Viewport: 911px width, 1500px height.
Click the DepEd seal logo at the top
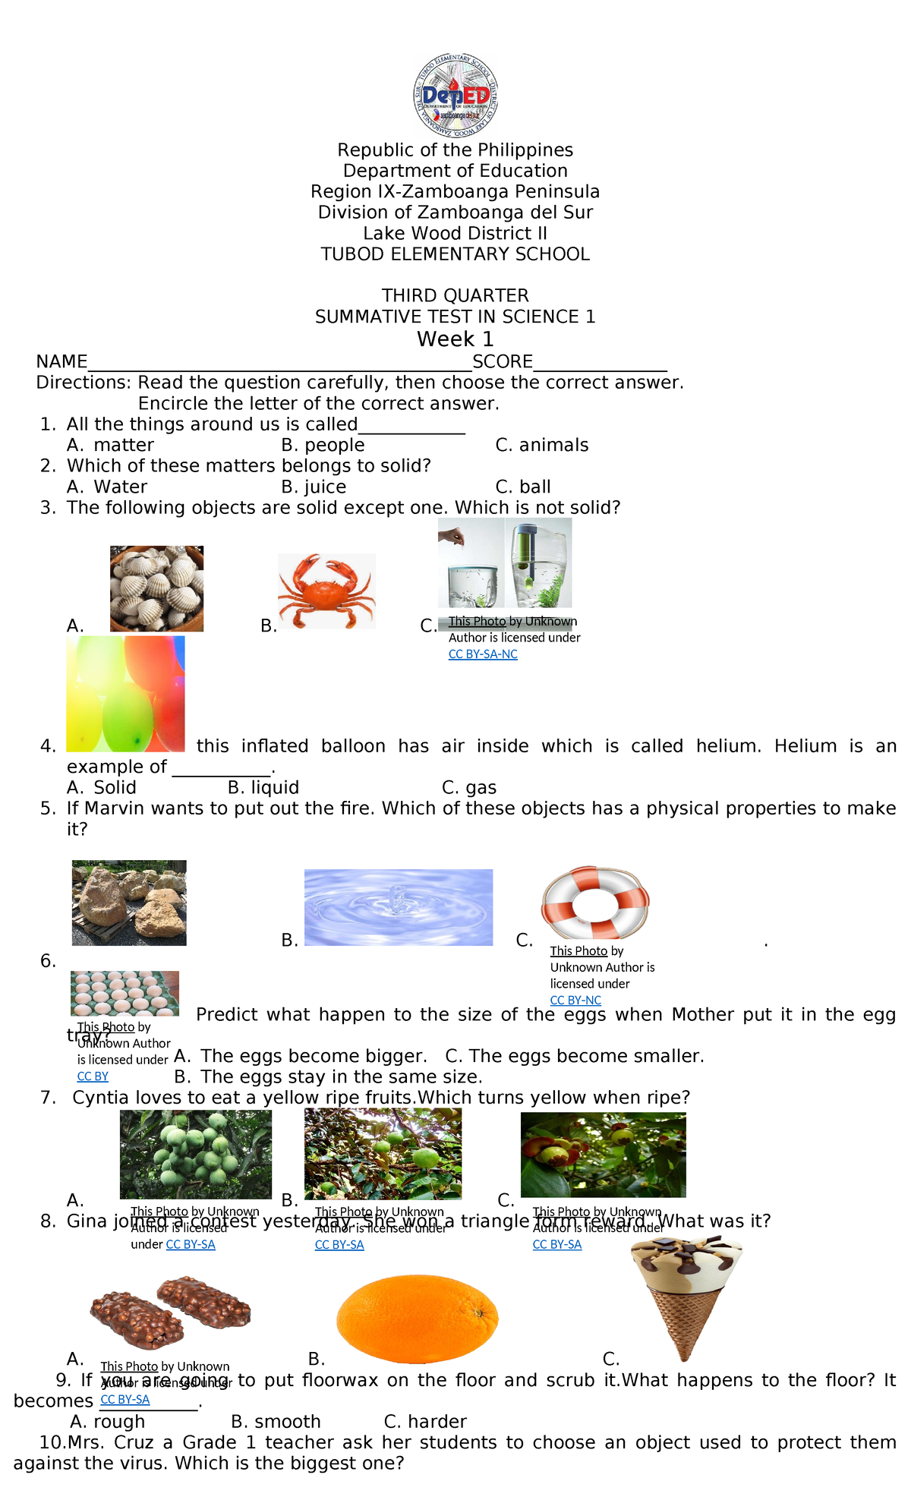point(455,96)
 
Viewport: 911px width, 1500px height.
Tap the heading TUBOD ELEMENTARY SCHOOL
point(455,254)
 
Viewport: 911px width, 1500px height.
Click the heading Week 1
point(455,339)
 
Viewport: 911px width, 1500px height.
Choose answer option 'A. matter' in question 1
point(111,446)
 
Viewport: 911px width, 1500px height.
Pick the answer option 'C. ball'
point(523,487)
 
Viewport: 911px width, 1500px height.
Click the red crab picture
point(326,591)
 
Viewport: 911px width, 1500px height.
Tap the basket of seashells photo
point(156,588)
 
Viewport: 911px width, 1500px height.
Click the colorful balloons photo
point(125,694)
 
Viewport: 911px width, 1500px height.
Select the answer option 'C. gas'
point(469,788)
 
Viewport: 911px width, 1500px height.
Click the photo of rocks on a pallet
point(129,903)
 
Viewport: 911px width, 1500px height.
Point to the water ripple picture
point(399,907)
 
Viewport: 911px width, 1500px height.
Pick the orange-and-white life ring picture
point(595,903)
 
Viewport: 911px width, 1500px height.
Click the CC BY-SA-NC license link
point(483,654)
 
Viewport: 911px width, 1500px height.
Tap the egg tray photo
point(125,993)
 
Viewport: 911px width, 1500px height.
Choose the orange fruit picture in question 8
point(417,1319)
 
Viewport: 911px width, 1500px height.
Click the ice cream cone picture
point(686,1297)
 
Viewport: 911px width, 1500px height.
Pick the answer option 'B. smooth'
point(276,1421)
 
